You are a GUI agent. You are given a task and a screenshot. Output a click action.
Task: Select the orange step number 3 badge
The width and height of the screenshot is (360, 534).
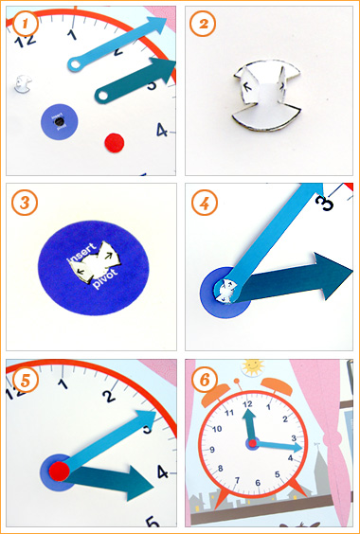(25, 203)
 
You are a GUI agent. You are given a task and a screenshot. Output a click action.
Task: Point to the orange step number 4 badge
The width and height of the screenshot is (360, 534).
(205, 203)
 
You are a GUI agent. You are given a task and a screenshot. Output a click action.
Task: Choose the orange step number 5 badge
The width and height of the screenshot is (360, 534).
(25, 381)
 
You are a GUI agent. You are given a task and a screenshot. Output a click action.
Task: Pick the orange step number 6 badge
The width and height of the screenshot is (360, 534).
(205, 381)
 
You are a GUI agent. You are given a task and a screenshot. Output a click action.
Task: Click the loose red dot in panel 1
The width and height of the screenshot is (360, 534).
(115, 143)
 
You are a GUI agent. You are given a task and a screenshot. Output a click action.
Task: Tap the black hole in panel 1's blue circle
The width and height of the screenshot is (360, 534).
(60, 122)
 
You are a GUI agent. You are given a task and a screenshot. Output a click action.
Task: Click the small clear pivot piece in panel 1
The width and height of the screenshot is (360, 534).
(23, 83)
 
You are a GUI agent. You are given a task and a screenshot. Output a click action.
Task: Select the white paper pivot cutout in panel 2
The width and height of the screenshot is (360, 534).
(267, 96)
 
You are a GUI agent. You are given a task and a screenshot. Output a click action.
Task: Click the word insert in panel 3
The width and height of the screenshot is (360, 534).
(81, 255)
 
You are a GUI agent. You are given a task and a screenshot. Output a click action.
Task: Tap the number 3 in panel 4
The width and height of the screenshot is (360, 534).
(325, 202)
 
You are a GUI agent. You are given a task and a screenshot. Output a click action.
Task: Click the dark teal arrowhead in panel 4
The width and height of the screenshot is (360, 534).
(333, 276)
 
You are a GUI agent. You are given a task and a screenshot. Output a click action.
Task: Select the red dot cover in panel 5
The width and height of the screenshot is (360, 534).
(59, 471)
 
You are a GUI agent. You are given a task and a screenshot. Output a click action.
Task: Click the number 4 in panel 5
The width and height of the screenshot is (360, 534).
(163, 472)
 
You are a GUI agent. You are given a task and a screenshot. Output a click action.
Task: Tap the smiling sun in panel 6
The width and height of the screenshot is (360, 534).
(253, 367)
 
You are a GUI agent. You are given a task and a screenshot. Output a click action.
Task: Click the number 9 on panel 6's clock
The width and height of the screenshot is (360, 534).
(212, 450)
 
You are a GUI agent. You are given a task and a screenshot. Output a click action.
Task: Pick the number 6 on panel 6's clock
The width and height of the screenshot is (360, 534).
(258, 482)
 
